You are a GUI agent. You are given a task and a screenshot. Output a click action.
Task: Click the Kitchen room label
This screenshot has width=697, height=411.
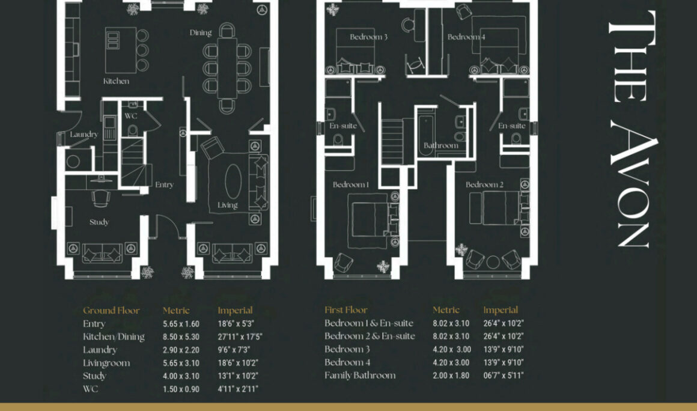pyautogui.click(x=116, y=81)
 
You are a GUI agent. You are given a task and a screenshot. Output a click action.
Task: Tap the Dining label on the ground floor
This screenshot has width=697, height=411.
pyautogui.click(x=201, y=32)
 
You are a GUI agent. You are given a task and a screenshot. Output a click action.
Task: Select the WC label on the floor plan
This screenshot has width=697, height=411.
pyautogui.click(x=131, y=116)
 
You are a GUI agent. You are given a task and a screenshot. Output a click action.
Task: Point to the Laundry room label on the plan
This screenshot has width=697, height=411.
pyautogui.click(x=84, y=134)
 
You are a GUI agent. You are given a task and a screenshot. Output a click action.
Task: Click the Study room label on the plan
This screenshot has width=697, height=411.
pyautogui.click(x=99, y=222)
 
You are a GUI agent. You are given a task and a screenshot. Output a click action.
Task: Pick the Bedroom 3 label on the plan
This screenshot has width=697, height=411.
pyautogui.click(x=368, y=37)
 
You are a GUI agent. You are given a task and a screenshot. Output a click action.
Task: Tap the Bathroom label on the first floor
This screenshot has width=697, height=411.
pyautogui.click(x=440, y=145)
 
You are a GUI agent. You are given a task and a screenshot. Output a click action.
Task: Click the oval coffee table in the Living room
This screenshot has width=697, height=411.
pyautogui.click(x=233, y=181)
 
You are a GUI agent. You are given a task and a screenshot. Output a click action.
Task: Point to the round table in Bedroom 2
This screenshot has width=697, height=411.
pyautogui.click(x=493, y=262)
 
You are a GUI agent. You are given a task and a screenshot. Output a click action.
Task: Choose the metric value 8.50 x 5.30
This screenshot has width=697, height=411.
pyautogui.click(x=181, y=337)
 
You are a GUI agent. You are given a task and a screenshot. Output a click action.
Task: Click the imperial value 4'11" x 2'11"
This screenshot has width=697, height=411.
pyautogui.click(x=238, y=389)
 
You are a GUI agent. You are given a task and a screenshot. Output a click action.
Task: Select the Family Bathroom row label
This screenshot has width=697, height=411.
pyautogui.click(x=360, y=376)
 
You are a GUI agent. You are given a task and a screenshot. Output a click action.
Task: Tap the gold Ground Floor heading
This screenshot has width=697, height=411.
pyautogui.click(x=111, y=311)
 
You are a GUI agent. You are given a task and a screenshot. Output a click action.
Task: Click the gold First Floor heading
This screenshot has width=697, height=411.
pyautogui.click(x=346, y=310)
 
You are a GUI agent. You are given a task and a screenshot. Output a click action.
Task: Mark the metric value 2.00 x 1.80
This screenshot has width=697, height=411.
pyautogui.click(x=451, y=376)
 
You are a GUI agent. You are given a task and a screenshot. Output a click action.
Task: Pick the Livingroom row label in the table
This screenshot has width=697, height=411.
pyautogui.click(x=107, y=364)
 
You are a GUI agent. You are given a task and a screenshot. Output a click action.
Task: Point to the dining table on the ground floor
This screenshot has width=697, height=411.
pyautogui.click(x=227, y=67)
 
